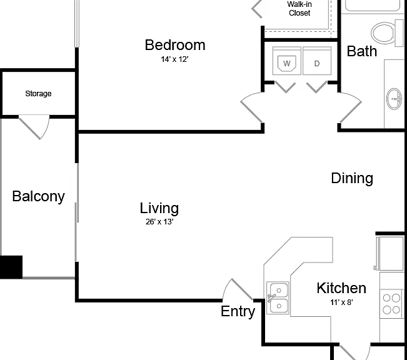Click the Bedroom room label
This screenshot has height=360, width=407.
point(175,45)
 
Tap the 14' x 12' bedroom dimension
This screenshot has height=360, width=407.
point(174,59)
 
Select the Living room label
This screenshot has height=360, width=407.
point(159,208)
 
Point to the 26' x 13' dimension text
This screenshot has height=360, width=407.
point(159,222)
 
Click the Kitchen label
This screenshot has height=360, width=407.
point(341,288)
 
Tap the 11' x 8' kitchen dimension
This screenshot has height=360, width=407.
point(341,302)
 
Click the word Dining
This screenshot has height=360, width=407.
point(352,178)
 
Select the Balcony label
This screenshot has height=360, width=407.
point(38,196)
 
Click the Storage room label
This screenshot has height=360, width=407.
point(38,94)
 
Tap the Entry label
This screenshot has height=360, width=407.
point(238,311)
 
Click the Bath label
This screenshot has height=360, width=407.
point(362,51)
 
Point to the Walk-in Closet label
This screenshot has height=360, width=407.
point(299,9)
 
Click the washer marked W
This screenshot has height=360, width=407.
point(287,61)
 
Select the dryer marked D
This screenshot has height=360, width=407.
point(317,61)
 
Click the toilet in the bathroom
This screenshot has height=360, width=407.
point(388,32)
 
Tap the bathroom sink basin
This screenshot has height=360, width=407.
point(394,99)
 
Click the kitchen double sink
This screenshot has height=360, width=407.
point(278,297)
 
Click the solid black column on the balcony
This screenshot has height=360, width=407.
point(11,267)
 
